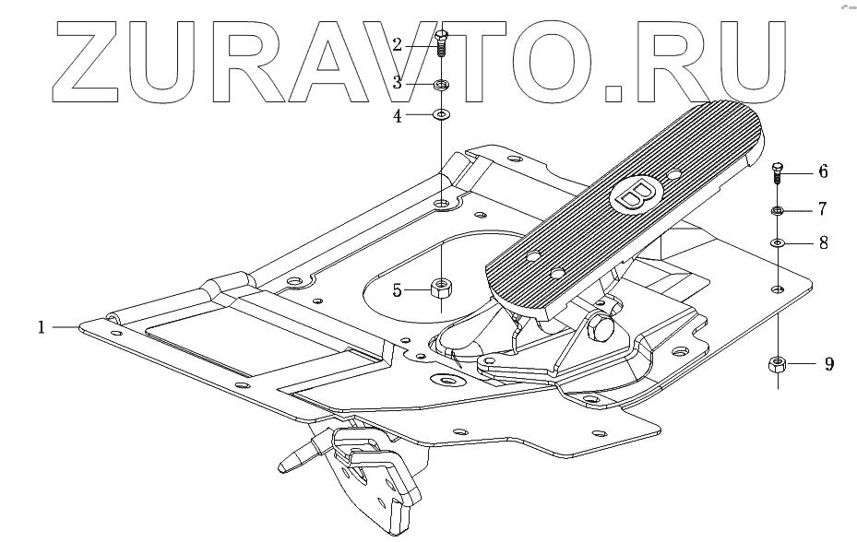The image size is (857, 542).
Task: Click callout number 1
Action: (x=41, y=326)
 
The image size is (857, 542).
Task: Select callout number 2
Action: (x=398, y=44)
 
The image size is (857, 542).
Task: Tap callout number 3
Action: (x=398, y=82)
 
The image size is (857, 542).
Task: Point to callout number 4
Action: (x=398, y=116)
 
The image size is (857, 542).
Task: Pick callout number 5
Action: (x=398, y=290)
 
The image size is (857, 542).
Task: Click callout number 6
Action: (x=823, y=171)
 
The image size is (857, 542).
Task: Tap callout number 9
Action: (x=829, y=364)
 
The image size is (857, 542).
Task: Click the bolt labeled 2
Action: (x=441, y=42)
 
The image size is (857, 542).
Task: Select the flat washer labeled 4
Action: (x=441, y=115)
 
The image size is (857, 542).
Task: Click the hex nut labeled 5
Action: (x=441, y=289)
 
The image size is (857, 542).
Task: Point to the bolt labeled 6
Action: (x=777, y=172)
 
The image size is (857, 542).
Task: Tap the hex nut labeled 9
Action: (x=777, y=364)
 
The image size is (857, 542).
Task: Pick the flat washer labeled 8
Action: (x=778, y=243)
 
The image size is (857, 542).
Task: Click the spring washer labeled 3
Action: (x=441, y=85)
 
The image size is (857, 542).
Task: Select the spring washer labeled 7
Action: (x=778, y=211)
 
